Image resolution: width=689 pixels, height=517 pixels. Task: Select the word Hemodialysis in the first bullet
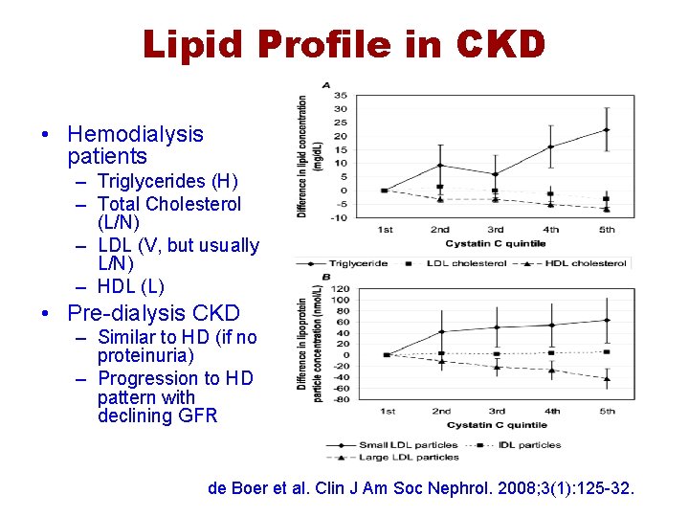click(136, 134)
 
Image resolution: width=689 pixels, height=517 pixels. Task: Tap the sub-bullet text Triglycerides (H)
click(167, 181)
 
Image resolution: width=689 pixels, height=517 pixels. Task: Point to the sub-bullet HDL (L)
click(131, 286)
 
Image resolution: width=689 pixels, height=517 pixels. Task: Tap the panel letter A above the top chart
click(326, 85)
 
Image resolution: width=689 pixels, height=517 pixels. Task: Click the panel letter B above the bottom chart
click(326, 278)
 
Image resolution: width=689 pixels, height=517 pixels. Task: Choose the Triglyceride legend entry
click(355, 263)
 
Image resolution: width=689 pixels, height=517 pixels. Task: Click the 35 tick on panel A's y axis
click(340, 96)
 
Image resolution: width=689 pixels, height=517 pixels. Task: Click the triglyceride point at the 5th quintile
click(606, 129)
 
